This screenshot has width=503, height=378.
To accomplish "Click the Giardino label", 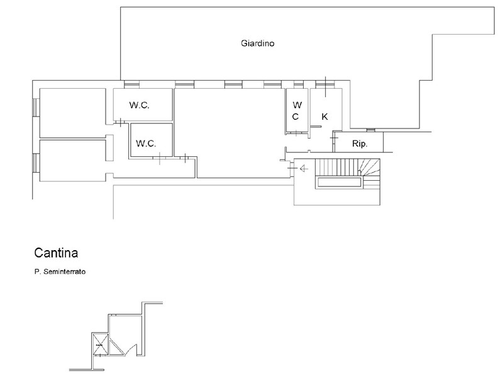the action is [x=258, y=43].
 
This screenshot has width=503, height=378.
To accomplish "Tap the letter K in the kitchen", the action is [x=324, y=117].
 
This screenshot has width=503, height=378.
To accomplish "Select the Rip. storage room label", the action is [x=360, y=144].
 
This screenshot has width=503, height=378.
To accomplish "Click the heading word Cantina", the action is [x=56, y=253].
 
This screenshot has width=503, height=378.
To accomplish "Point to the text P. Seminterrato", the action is [x=60, y=272].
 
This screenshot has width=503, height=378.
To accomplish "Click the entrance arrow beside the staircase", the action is [x=304, y=168].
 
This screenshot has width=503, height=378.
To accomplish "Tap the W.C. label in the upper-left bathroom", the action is [x=140, y=105].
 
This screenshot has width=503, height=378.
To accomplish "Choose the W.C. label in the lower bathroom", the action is [x=146, y=144].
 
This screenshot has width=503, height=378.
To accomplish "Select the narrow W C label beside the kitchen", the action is [x=297, y=111].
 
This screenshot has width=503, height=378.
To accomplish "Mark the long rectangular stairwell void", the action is [x=340, y=182].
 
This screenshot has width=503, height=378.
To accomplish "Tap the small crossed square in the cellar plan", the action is [x=100, y=345].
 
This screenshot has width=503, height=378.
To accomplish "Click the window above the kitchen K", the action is [x=324, y=84].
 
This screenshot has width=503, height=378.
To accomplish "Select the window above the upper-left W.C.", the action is [x=131, y=84].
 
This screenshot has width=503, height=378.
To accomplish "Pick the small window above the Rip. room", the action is [x=370, y=130].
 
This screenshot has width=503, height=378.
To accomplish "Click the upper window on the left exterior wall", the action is [x=36, y=108].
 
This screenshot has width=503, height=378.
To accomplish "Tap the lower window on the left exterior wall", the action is [x=36, y=163].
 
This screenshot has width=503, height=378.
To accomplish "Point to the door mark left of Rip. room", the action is [x=334, y=138].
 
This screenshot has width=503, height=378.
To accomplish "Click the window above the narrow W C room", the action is [x=298, y=84].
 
